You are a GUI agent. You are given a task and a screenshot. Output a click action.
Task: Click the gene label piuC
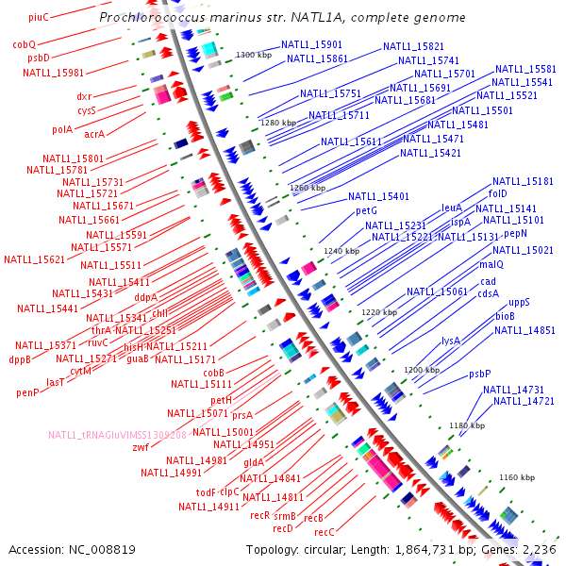point(39,17)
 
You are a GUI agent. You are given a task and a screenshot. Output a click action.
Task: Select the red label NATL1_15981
point(53,72)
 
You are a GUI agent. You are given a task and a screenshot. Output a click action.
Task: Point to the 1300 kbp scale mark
point(253,56)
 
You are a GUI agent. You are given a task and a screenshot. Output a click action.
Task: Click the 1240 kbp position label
point(341,252)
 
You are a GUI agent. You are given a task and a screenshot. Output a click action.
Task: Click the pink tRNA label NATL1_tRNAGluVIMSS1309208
point(118,435)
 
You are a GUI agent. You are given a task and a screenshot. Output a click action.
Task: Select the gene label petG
point(366,210)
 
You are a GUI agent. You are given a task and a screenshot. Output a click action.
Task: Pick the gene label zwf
point(141,447)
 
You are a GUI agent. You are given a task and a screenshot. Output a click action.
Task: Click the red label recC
point(325,532)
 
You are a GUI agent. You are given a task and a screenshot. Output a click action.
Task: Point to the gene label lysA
point(451,340)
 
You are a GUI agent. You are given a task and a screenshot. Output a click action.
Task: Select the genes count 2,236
point(540,549)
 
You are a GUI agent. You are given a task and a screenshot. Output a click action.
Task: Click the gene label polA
point(62,130)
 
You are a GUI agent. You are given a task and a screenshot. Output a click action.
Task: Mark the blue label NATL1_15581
point(525,69)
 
